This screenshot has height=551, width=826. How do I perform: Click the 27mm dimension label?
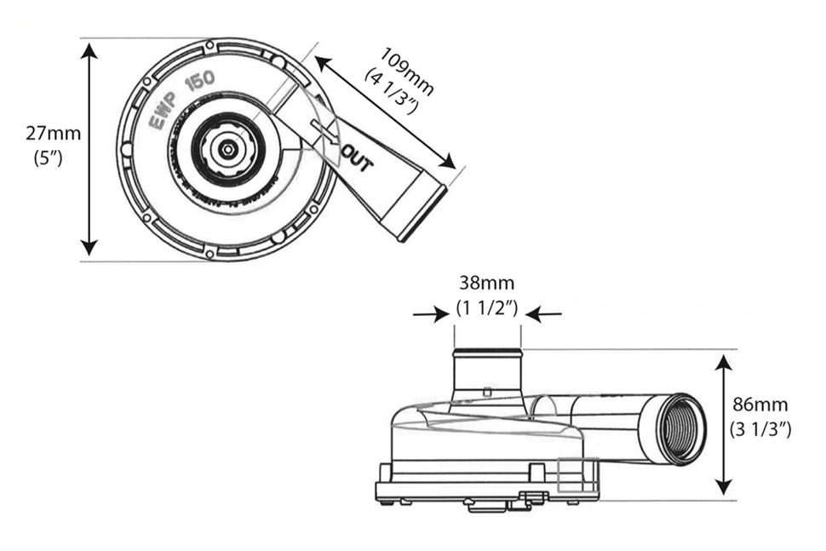pos(53,133)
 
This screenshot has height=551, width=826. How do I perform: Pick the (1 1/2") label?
pos(487,307)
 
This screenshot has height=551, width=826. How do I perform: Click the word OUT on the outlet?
pos(356,158)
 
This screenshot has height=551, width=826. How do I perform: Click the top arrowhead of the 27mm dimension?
pos(89,50)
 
